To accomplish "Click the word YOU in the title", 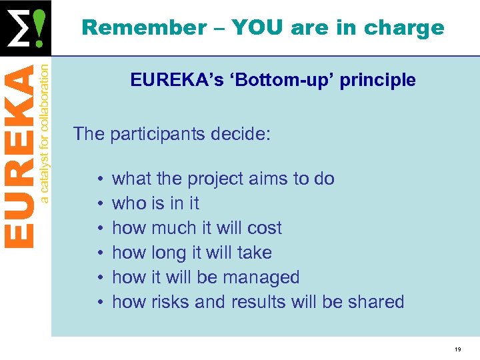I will click(x=251, y=28).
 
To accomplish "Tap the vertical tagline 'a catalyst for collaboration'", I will click(x=44, y=131).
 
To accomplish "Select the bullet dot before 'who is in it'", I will click(x=98, y=204).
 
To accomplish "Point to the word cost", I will click(x=263, y=228).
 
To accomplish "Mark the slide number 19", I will click(x=457, y=349).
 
